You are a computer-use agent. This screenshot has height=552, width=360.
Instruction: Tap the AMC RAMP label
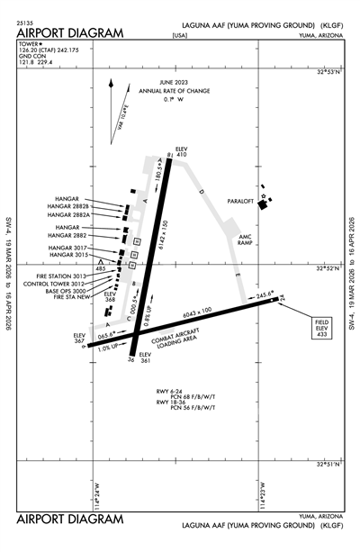point(247,240)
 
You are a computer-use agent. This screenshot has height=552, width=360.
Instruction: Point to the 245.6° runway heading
point(262,294)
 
